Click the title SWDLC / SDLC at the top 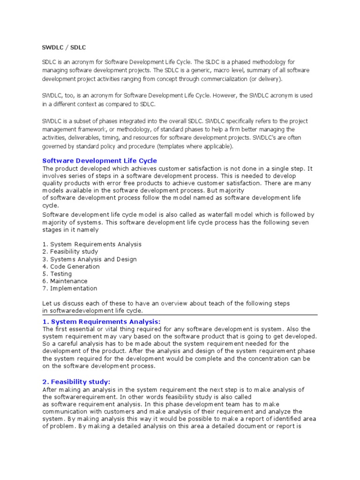(64, 47)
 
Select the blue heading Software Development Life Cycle (100, 161)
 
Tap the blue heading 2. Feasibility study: (76, 382)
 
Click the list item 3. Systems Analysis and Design (90, 259)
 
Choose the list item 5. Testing (57, 274)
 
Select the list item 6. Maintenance (65, 281)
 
